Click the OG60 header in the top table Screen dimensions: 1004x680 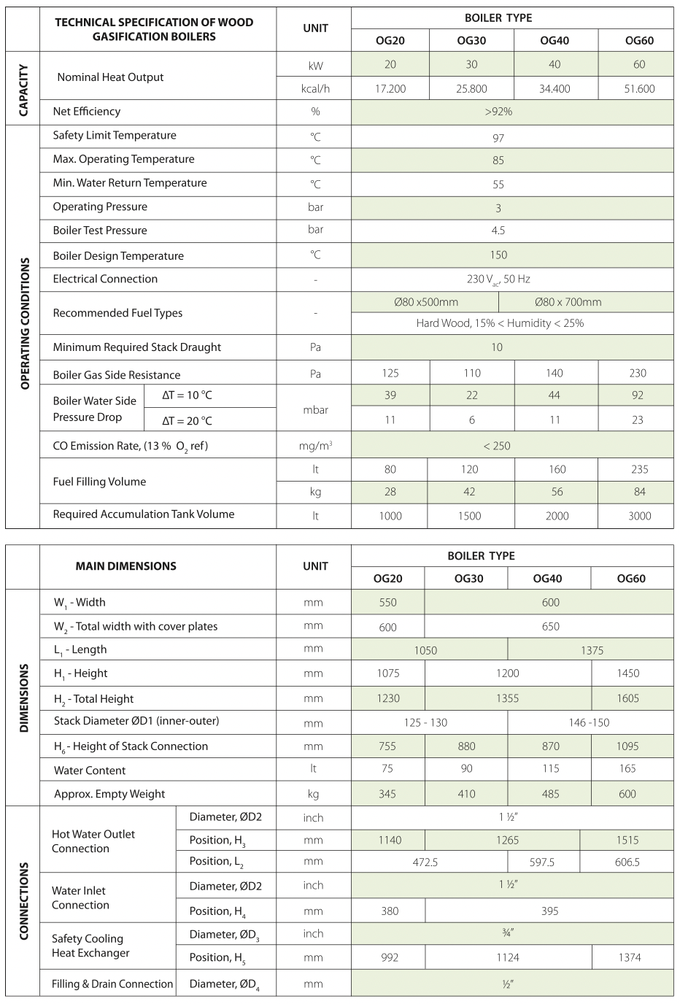[x=638, y=41]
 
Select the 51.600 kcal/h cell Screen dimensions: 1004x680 [x=638, y=89]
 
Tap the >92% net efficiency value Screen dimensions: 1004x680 [x=498, y=112]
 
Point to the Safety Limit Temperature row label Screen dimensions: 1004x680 [x=115, y=136]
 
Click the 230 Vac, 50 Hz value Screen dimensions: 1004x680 [x=498, y=279]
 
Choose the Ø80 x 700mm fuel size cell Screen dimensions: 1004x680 [x=568, y=302]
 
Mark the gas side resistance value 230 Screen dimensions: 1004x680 [x=638, y=374]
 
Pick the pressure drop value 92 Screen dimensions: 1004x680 [x=638, y=395]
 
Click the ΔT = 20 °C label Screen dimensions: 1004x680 [x=187, y=421]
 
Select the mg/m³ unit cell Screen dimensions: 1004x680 [x=315, y=445]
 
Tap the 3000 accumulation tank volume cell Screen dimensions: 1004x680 [x=639, y=516]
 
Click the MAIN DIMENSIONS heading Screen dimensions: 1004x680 [x=125, y=566]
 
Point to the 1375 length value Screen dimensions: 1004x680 [x=592, y=651]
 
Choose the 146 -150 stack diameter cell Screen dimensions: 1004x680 [x=589, y=722]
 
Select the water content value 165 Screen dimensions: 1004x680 [x=627, y=769]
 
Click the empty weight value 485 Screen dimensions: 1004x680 [x=550, y=794]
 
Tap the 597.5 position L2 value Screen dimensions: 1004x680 [x=542, y=862]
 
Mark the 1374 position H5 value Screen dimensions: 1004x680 [x=629, y=957]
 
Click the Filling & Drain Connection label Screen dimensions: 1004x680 [x=112, y=984]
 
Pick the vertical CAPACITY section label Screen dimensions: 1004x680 [x=23, y=90]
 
